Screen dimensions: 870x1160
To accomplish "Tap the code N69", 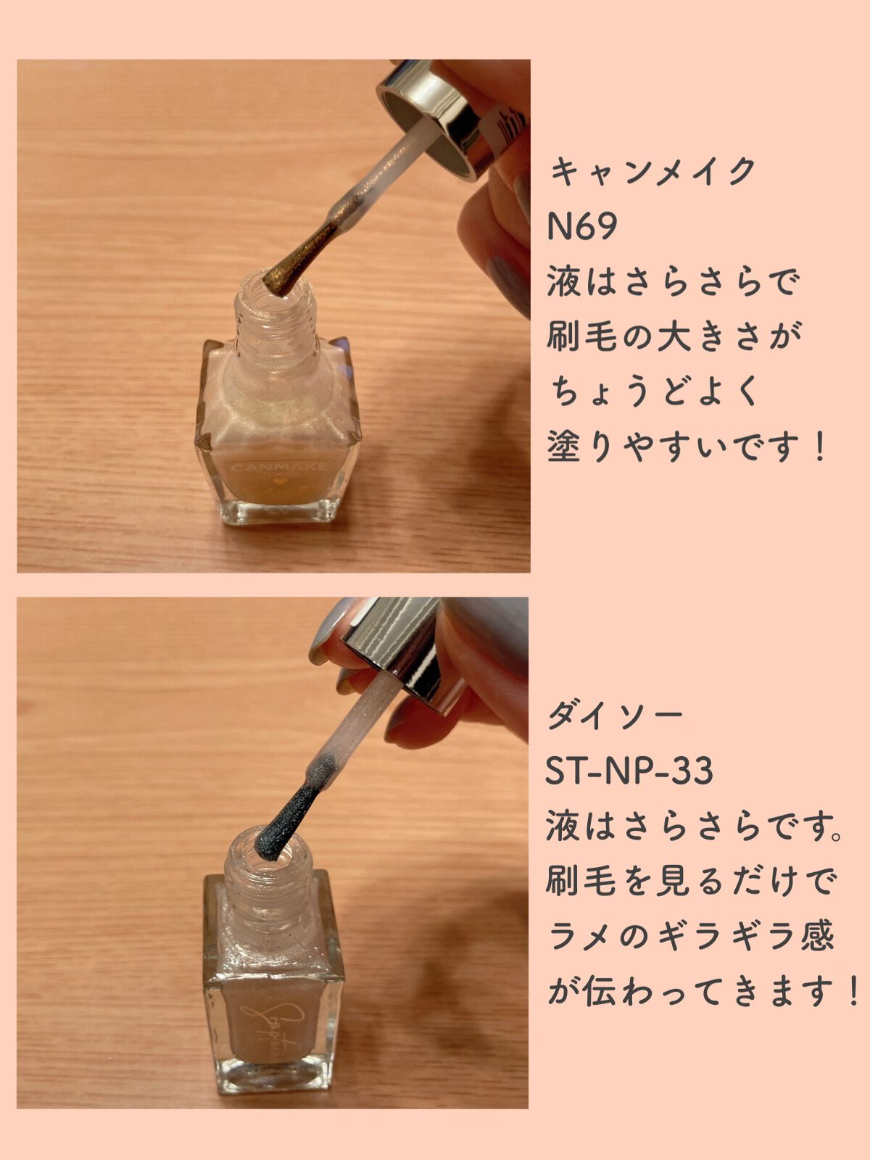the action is (582, 226).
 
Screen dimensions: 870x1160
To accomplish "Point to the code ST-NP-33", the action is (629, 771).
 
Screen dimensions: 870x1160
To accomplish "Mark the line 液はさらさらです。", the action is (694, 826).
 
